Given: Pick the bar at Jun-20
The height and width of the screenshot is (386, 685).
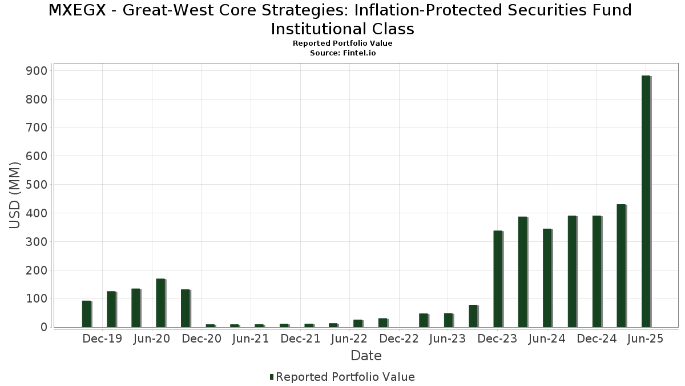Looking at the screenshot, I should [x=160, y=303].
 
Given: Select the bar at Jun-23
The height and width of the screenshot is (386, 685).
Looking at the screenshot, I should [x=448, y=320].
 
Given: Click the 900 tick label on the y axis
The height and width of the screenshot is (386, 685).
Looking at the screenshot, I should [x=36, y=71].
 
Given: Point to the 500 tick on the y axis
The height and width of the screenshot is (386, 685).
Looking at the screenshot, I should [x=36, y=185].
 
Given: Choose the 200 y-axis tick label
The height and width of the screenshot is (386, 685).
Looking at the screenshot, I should [x=36, y=270].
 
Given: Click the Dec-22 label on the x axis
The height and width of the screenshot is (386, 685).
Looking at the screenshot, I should [x=399, y=339].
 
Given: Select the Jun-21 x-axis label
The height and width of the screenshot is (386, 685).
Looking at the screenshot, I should [x=251, y=339].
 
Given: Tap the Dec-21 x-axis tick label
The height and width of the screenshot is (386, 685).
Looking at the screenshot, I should [x=300, y=339].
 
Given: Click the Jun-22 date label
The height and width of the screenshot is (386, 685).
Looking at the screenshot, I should [x=349, y=339].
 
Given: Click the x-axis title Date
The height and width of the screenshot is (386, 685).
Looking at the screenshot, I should [x=366, y=356].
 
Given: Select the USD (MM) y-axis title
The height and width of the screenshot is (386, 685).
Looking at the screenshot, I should [x=15, y=196].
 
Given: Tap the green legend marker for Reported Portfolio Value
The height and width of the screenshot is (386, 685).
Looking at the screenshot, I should [x=272, y=377].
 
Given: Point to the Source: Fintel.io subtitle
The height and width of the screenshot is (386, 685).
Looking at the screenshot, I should [x=342, y=53].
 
